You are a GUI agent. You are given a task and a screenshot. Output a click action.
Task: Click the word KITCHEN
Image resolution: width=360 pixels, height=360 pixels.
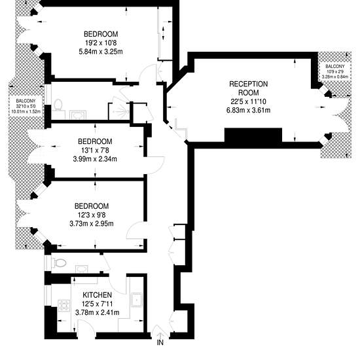tap(97, 295)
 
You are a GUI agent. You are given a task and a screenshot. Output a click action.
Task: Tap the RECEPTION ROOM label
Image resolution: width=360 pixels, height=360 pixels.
tap(249, 88)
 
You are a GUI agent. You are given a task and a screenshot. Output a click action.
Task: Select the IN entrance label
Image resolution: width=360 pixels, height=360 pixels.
tap(160, 342)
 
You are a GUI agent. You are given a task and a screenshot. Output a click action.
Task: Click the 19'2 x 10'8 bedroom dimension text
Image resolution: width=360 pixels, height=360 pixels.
tap(101, 43)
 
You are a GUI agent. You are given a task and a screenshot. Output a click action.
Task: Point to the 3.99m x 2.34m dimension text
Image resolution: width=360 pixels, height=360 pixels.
tap(95, 158)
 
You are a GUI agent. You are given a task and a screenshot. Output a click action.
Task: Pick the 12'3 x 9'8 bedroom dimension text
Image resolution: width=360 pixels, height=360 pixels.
tap(92, 215)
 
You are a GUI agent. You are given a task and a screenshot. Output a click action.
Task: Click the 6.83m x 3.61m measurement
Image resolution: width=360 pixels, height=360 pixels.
tap(249, 110)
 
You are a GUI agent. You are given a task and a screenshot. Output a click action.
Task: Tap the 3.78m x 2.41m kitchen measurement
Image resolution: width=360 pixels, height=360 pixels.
tap(97, 312)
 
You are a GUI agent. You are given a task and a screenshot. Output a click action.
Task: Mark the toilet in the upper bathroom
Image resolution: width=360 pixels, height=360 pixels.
tap(58, 105)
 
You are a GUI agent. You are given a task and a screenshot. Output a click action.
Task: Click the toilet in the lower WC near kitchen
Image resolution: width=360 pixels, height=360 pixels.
tap(59, 262)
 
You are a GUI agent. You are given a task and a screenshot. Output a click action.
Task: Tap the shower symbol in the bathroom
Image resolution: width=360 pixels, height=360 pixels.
tap(121, 112)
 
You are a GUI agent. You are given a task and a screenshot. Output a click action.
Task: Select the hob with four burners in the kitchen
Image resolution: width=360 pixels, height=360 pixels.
tap(64, 306)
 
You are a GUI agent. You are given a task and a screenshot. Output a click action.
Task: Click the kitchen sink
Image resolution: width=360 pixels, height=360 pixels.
tap(136, 300)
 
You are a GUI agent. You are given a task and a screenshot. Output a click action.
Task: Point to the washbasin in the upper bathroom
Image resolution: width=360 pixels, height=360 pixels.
tap(78, 115)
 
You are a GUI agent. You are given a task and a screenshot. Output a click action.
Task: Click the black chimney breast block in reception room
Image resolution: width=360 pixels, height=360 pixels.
tap(253, 135)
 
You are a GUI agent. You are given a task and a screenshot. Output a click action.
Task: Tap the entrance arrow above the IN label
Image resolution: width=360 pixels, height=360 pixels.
tap(160, 334)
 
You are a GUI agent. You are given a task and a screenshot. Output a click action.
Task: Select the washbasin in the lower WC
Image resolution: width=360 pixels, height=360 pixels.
tap(82, 269)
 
